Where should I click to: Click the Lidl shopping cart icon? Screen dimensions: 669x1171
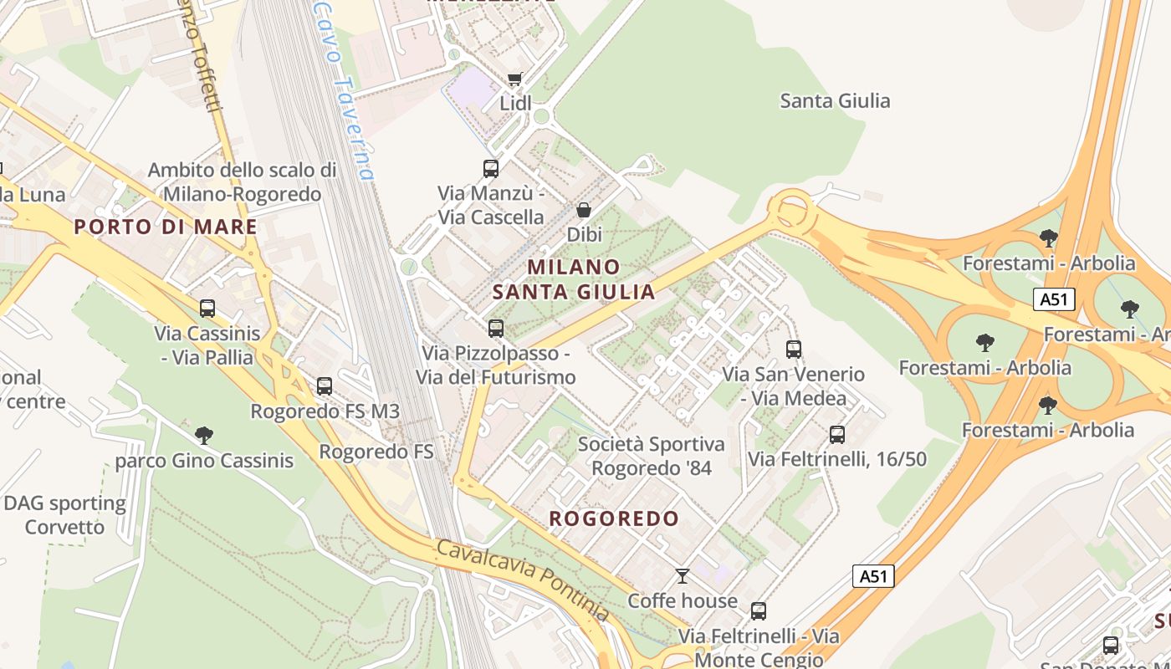point(514,79)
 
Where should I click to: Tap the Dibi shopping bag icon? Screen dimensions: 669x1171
point(584,210)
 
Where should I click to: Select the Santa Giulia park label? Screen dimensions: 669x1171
point(835,101)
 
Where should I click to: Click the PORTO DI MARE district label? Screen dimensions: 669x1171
point(166,227)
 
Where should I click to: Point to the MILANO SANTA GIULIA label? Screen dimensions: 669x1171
point(574,279)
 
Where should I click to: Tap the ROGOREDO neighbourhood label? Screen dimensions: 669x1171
point(614,518)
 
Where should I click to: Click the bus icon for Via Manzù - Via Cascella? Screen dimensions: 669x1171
point(491,168)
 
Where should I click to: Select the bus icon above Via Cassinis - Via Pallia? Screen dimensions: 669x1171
point(207,309)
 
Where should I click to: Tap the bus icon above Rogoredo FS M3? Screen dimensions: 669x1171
point(325,386)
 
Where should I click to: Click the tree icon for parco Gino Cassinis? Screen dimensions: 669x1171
point(203,435)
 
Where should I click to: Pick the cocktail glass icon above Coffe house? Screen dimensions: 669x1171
point(683,575)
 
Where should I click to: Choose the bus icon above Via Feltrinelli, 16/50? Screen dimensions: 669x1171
point(837,434)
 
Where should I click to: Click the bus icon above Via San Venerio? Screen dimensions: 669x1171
point(794,349)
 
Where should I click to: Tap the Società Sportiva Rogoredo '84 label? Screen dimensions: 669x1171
point(652,456)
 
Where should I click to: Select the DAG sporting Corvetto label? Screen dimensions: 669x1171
point(64,515)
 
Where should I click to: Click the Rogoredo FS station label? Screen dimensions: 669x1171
point(376,452)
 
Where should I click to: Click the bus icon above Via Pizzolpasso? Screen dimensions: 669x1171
point(496,328)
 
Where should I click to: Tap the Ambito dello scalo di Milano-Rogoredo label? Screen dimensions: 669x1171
point(243,182)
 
